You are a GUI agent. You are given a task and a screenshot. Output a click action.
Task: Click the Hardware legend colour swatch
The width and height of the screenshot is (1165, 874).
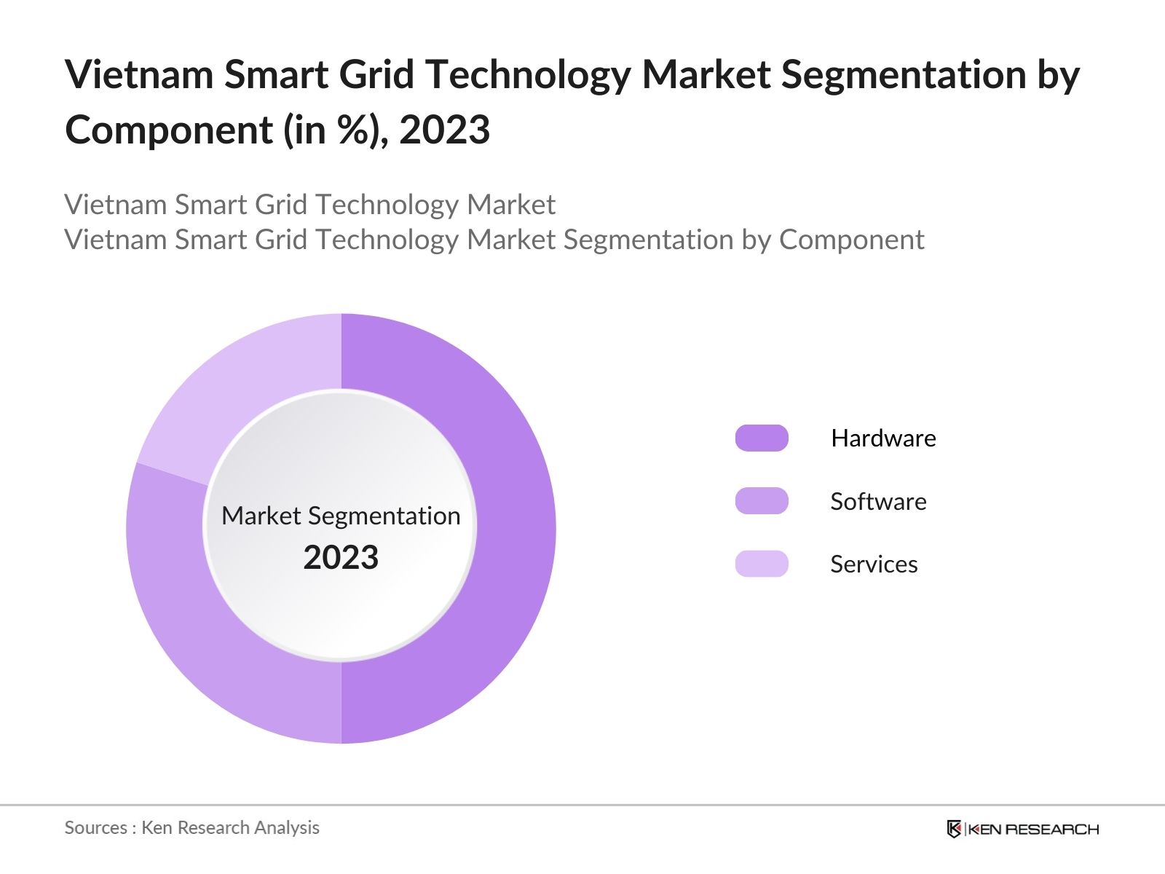pyautogui.click(x=762, y=438)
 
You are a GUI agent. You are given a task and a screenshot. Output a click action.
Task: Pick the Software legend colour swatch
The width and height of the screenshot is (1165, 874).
pyautogui.click(x=762, y=501)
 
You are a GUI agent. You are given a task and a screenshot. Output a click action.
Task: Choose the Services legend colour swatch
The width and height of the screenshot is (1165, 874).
pyautogui.click(x=762, y=564)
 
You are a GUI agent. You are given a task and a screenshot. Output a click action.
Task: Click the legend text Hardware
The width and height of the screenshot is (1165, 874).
pyautogui.click(x=883, y=438)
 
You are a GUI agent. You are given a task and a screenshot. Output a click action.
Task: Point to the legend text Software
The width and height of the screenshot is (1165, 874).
pyautogui.click(x=878, y=501)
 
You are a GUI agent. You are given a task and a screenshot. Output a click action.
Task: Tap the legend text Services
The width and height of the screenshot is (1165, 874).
pyautogui.click(x=874, y=564)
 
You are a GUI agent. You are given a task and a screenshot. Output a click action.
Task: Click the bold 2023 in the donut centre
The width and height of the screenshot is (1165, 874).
pyautogui.click(x=341, y=558)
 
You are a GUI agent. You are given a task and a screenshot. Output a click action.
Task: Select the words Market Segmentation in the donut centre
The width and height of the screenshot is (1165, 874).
pyautogui.click(x=341, y=516)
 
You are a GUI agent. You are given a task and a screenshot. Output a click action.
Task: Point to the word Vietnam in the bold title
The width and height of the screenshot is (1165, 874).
pyautogui.click(x=139, y=75)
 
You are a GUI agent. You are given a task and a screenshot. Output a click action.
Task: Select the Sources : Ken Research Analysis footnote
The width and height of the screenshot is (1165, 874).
pyautogui.click(x=191, y=827)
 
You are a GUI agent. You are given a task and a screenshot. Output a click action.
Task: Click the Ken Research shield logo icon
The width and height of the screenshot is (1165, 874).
pyautogui.click(x=954, y=829)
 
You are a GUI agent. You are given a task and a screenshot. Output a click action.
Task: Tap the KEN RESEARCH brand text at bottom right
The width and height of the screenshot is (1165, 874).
pyautogui.click(x=1032, y=829)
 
